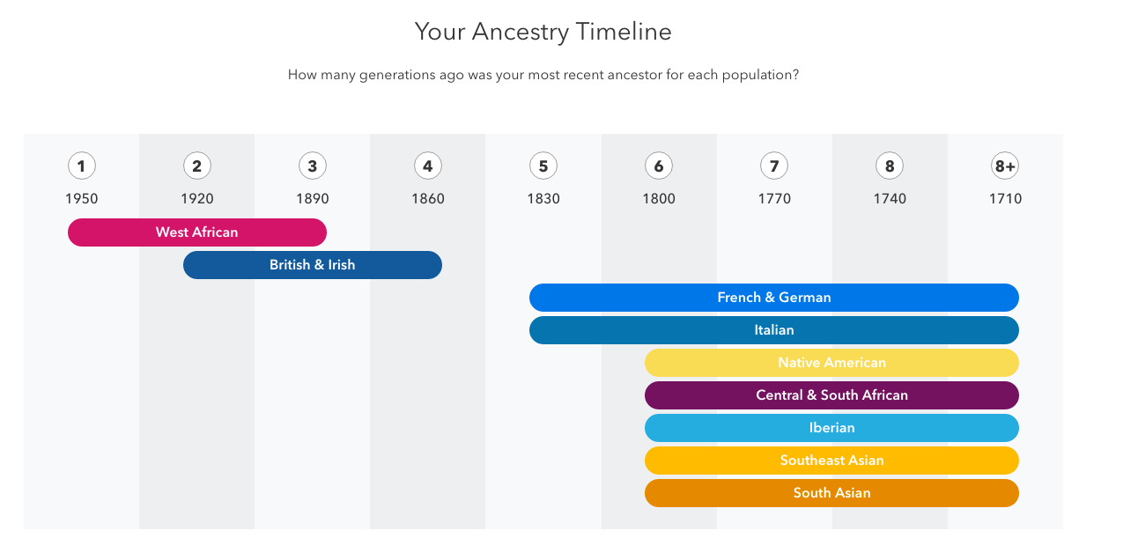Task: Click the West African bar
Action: (197, 232)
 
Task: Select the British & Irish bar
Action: (313, 265)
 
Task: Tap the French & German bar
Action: (773, 298)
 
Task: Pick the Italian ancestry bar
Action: (773, 329)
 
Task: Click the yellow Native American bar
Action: (831, 362)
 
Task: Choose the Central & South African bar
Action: (831, 394)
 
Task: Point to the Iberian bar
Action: (831, 427)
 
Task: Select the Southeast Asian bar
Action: (831, 460)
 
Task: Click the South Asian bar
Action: (831, 492)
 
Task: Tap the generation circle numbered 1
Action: (81, 166)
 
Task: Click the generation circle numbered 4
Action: (428, 166)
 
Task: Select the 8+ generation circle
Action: (1005, 166)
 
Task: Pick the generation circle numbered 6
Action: (659, 166)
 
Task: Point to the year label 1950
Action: (81, 198)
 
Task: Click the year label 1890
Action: (313, 198)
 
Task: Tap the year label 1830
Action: (543, 198)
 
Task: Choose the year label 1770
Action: (774, 198)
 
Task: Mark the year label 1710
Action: (1005, 198)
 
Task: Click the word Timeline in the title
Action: (624, 32)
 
